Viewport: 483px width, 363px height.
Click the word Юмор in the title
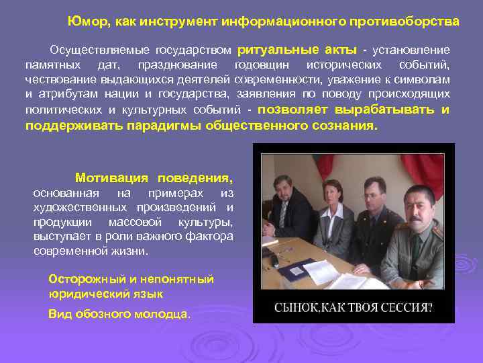(x=84, y=22)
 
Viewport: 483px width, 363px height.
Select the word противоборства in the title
(x=413, y=22)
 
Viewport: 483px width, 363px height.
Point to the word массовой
(x=136, y=222)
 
